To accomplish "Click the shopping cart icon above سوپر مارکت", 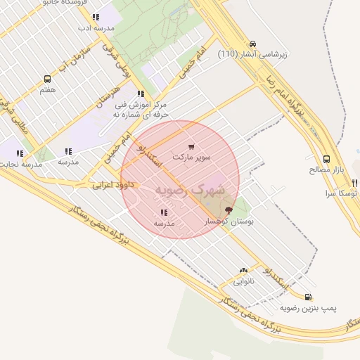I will [191, 147].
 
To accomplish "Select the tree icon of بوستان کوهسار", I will [228, 210].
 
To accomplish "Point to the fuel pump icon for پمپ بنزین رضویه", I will [309, 297].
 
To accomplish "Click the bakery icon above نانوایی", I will [243, 270].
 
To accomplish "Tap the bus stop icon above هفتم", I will [47, 79].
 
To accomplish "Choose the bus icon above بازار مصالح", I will [326, 160].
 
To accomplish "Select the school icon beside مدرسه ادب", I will [95, 18].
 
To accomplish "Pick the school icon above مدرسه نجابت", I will [20, 153].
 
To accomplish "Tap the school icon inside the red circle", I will [164, 212].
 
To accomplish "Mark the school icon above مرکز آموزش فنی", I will [141, 93].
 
